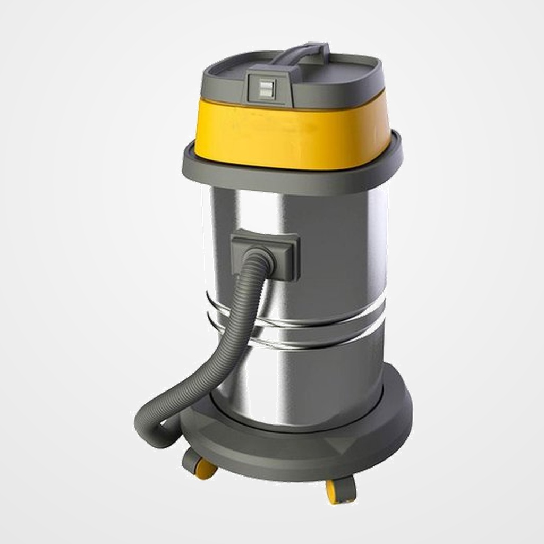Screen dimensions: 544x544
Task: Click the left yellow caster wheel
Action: (x=205, y=469)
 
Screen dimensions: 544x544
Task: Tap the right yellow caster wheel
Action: (x=335, y=492)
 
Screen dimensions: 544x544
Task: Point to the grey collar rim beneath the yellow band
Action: (x=292, y=178)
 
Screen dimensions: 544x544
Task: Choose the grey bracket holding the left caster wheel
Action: (x=191, y=460)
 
